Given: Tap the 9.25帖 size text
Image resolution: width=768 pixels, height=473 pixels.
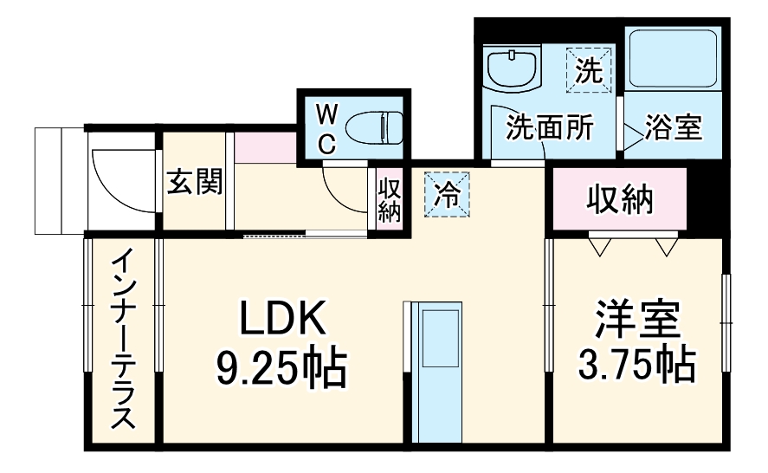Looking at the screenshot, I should (x=282, y=369).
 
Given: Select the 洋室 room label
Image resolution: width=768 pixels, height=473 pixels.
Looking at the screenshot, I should (x=637, y=321).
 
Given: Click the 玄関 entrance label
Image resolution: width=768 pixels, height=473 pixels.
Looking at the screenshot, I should (x=194, y=182).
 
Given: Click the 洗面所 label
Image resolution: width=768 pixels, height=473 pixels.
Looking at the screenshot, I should (x=549, y=128).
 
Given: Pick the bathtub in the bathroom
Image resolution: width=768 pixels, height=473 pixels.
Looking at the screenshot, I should (x=672, y=59).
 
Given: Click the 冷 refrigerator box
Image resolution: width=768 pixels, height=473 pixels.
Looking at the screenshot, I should (x=447, y=192).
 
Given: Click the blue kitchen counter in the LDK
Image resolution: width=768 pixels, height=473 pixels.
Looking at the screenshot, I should (x=436, y=373).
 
